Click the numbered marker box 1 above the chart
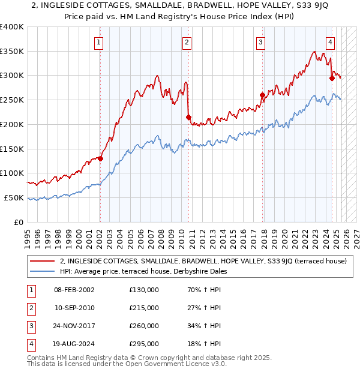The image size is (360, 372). click(x=98, y=42)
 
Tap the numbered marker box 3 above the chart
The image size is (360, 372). click(x=261, y=42)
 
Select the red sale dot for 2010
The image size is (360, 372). click(x=188, y=117)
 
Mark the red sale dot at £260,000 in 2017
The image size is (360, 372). click(x=262, y=95)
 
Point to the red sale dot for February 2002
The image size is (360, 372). click(x=100, y=159)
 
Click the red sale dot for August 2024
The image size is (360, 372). click(x=332, y=78)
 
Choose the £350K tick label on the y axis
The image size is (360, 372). click(x=12, y=51)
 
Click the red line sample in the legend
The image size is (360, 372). click(x=43, y=261)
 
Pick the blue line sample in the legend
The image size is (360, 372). click(x=43, y=271)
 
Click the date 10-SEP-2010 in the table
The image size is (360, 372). click(x=74, y=308)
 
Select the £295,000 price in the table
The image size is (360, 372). click(x=144, y=344)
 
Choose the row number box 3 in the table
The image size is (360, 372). click(x=29, y=326)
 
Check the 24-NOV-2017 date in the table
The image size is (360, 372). click(x=74, y=326)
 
